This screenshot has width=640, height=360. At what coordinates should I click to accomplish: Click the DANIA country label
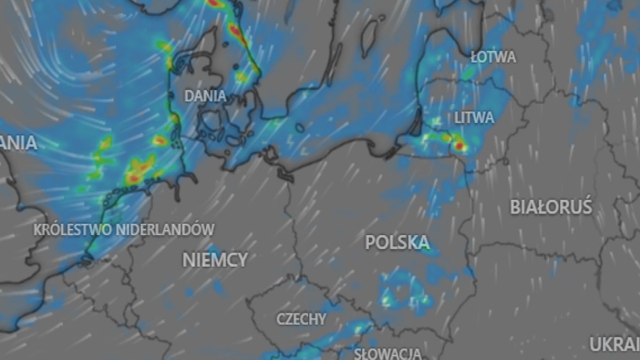coord(205,97)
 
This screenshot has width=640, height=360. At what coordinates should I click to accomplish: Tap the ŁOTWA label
coord(493,57)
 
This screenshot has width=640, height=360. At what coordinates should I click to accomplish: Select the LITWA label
coord(474,117)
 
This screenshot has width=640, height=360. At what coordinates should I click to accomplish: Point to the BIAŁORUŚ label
coord(551,206)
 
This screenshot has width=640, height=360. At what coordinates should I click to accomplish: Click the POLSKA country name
coord(397,243)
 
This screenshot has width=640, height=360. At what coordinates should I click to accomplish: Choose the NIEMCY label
coord(215,260)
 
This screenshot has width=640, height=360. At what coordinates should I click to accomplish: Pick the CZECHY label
coord(301,319)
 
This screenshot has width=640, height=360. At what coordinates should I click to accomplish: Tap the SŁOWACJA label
coord(388,353)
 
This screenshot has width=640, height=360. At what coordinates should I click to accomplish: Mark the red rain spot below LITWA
coord(459,145)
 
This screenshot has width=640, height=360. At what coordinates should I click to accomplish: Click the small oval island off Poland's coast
coord(300,128)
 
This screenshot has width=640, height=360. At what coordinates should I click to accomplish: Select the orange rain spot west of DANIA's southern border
coord(159,141)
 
